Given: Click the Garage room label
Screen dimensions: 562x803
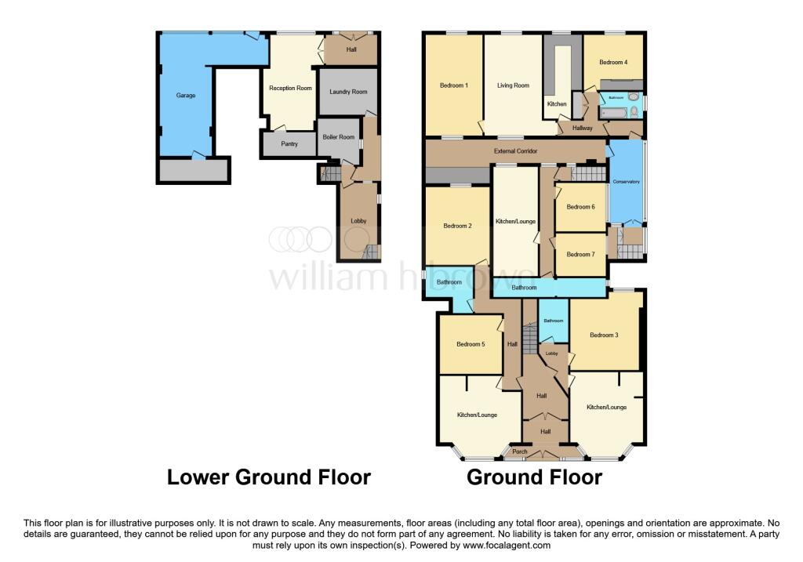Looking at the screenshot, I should pyautogui.click(x=185, y=96).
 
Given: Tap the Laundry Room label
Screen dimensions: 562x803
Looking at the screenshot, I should pyautogui.click(x=348, y=92).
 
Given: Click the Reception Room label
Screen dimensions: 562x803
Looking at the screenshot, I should pyautogui.click(x=290, y=89).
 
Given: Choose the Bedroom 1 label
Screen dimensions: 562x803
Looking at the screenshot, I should pyautogui.click(x=454, y=85).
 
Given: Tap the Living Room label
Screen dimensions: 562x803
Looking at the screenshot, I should pyautogui.click(x=513, y=85).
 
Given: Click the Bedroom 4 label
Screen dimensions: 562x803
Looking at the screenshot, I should pyautogui.click(x=613, y=62).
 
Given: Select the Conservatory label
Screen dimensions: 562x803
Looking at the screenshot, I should pyautogui.click(x=627, y=182).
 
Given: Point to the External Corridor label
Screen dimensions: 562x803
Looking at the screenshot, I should pyautogui.click(x=514, y=150).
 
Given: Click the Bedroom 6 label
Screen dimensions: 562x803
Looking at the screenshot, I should pyautogui.click(x=580, y=207).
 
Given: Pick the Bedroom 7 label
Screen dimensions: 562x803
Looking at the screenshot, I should pyautogui.click(x=580, y=254).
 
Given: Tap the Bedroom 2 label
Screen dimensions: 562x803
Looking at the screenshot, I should pyautogui.click(x=457, y=227).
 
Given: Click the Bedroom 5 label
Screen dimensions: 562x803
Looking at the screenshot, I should pyautogui.click(x=471, y=343).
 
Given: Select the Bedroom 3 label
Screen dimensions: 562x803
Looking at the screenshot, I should pyautogui.click(x=605, y=335).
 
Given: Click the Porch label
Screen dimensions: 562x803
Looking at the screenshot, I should pyautogui.click(x=519, y=452).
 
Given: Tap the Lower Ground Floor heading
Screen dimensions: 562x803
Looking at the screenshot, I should pyautogui.click(x=268, y=477).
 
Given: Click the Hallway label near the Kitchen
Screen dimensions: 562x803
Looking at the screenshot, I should pyautogui.click(x=582, y=128).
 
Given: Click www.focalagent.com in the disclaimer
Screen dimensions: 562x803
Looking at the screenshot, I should pyautogui.click(x=507, y=546).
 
